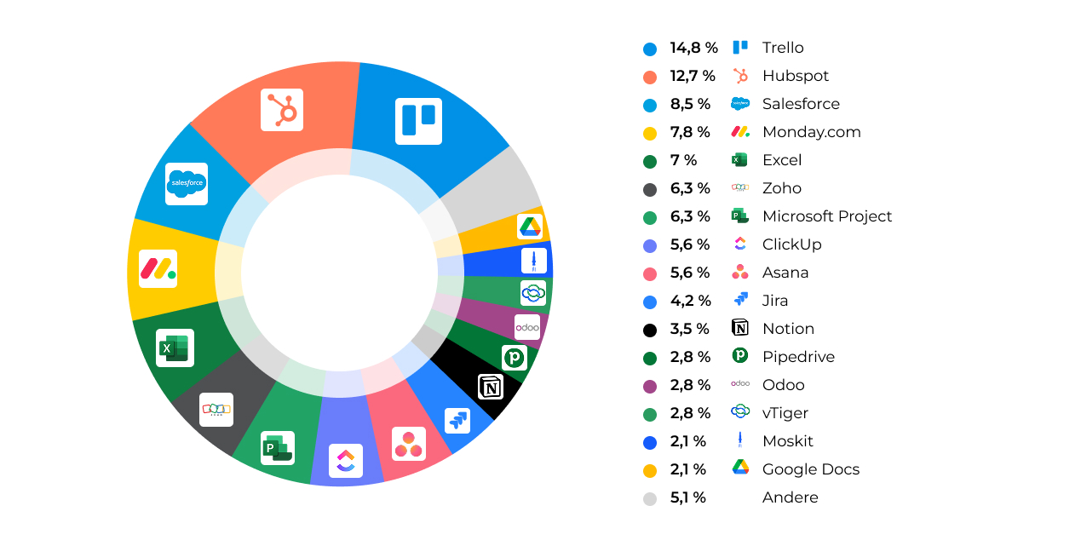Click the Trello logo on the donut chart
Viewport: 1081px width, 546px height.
point(418,120)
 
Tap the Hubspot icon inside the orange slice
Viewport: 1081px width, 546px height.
point(282,110)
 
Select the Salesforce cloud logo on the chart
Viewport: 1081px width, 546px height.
point(187,183)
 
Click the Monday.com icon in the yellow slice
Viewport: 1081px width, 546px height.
point(158,268)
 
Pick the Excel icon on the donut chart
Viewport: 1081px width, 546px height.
point(175,348)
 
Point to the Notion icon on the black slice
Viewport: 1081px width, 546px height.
point(490,388)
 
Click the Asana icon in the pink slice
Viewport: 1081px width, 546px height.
point(408,444)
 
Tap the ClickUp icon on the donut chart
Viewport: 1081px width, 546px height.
point(345,461)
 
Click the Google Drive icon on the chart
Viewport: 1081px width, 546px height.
point(530,227)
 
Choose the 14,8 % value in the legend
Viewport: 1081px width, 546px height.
point(693,48)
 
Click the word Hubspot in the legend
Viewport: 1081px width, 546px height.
point(795,76)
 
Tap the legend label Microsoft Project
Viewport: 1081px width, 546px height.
point(826,216)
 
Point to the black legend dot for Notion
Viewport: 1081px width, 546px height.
point(650,330)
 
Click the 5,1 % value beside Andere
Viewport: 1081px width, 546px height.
point(687,497)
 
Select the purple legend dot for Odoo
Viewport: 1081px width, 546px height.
point(650,386)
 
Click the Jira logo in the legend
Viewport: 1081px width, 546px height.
point(739,300)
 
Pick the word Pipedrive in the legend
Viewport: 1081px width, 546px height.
point(797,357)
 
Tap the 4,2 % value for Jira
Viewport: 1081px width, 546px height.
point(690,301)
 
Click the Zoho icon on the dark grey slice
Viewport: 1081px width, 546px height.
point(216,410)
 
